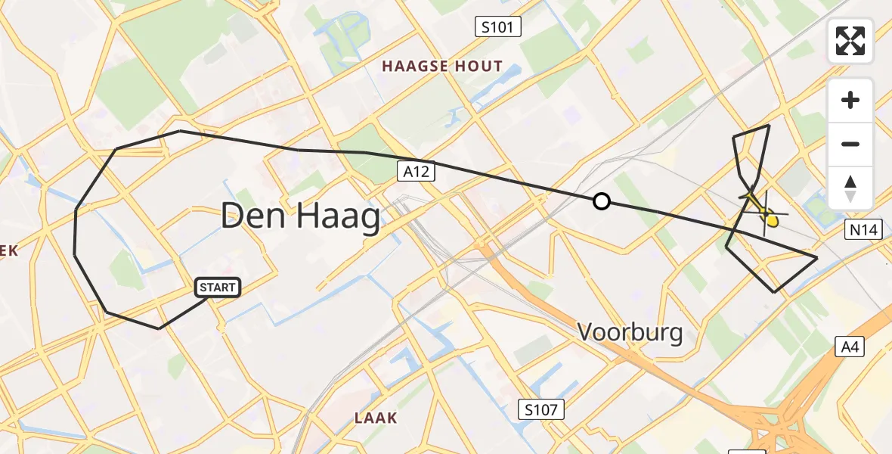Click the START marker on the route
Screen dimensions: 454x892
[218, 288]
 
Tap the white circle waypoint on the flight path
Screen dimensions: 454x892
[601, 201]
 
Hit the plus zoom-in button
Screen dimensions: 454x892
[850, 100]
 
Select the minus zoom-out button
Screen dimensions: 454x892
[850, 144]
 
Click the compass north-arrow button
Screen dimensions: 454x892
[850, 188]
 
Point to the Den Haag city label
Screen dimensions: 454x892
[300, 218]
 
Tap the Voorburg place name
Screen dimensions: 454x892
[630, 331]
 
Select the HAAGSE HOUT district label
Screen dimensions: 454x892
[442, 66]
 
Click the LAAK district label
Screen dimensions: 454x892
[376, 418]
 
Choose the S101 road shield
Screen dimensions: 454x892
[497, 28]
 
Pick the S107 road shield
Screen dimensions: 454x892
[541, 410]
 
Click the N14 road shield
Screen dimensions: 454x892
[863, 230]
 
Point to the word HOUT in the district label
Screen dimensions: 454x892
[478, 66]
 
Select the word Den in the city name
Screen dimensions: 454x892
[249, 218]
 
